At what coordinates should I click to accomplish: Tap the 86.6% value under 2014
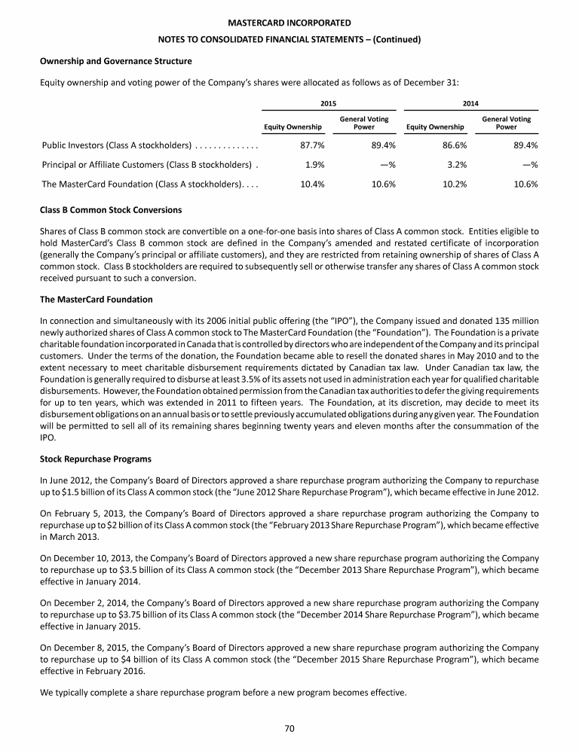pos(453,145)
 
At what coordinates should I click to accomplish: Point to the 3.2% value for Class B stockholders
pos(455,165)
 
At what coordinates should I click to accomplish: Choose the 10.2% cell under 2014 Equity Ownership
pos(453,184)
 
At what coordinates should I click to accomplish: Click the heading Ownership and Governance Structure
pos(115,60)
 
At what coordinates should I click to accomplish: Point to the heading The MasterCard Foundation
pos(96,300)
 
